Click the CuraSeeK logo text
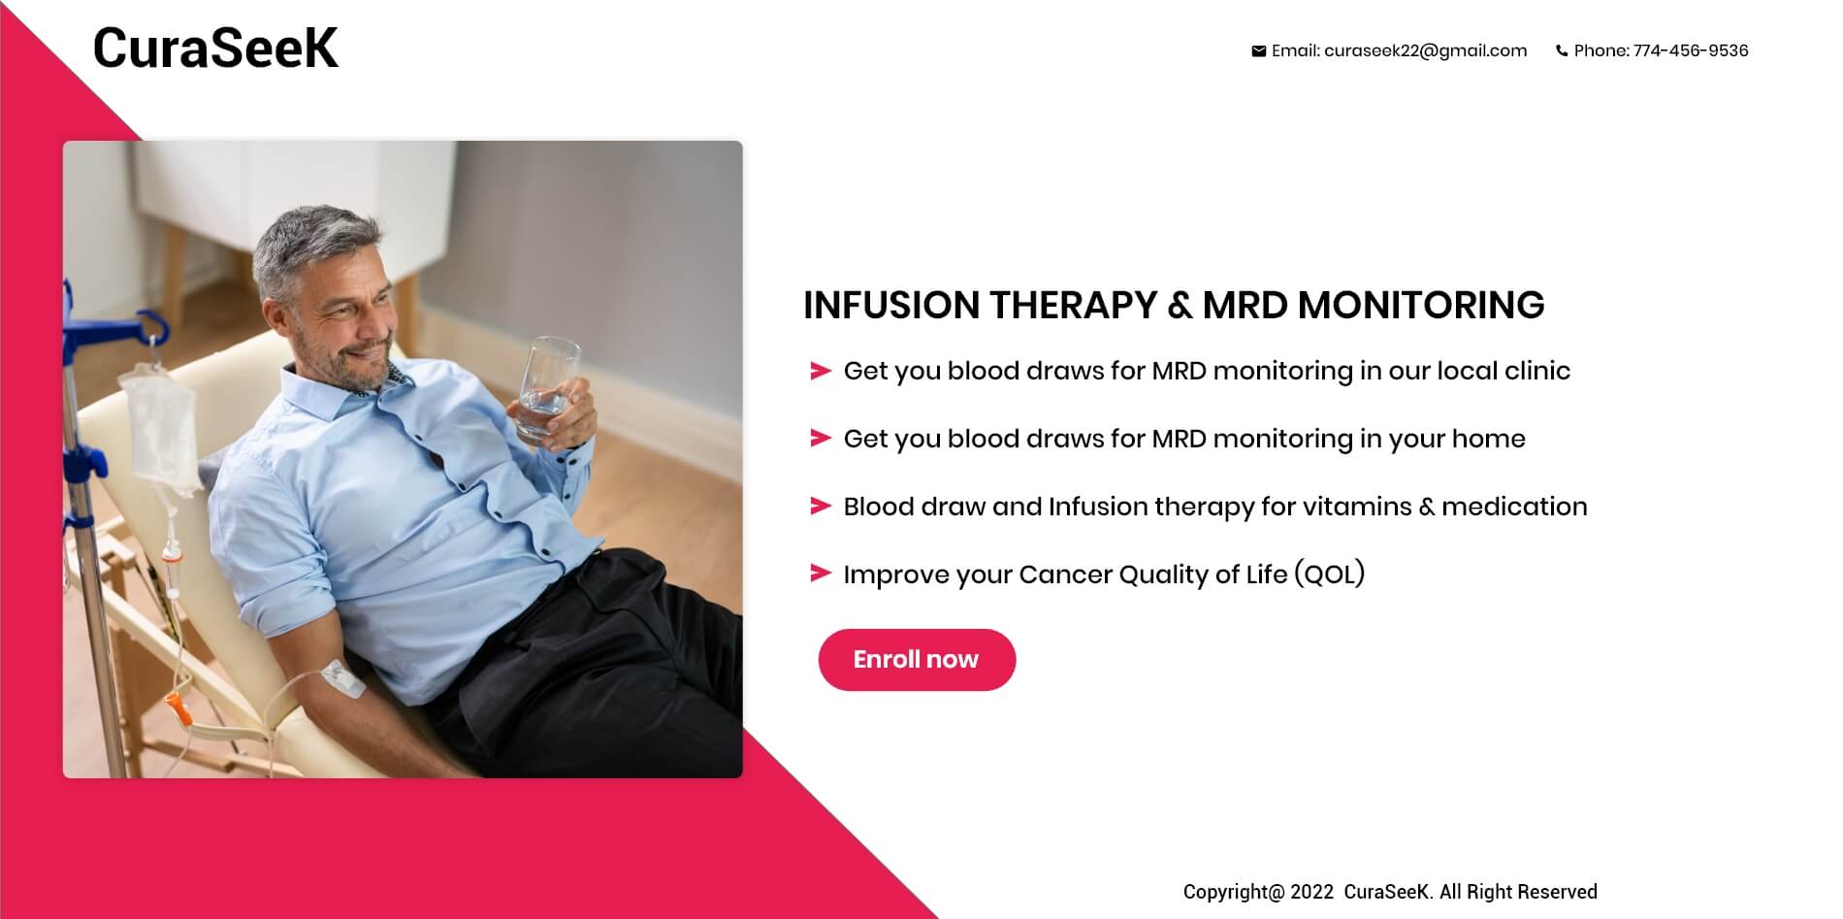point(215,48)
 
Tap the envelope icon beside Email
point(1258,51)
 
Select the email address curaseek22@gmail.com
point(1425,50)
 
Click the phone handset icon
point(1562,51)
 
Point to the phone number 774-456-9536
point(1691,50)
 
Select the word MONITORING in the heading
point(1420,305)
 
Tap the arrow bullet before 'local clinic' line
point(821,371)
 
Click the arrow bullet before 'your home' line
point(821,439)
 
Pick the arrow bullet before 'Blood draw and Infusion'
point(821,507)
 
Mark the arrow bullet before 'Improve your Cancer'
point(821,574)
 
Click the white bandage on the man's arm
point(341,678)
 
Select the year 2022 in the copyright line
point(1311,892)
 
